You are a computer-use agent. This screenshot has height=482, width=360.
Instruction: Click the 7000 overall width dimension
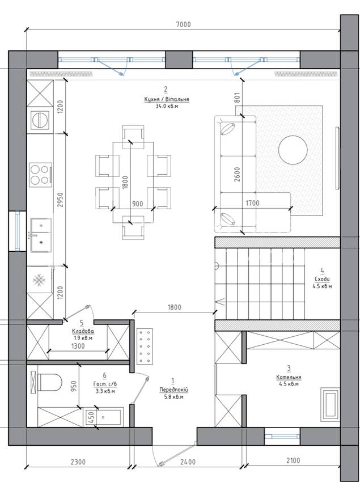coord(183,24)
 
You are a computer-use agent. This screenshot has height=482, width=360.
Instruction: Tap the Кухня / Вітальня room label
coord(166,99)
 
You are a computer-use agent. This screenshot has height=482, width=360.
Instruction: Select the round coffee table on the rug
coord(293,150)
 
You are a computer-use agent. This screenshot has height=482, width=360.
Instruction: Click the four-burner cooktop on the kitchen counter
coord(40,175)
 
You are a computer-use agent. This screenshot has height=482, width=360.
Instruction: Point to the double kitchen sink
coord(41,235)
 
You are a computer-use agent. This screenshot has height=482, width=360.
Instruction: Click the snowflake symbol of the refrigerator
coord(39,280)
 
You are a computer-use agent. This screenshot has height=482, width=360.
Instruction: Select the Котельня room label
coord(289,377)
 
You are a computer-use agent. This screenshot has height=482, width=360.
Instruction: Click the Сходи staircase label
coord(322,280)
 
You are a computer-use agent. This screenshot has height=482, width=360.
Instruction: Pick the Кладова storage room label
coord(83,331)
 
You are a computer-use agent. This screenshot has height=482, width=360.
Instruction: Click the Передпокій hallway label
coord(173,390)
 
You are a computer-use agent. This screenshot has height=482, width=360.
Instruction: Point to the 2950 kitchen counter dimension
coord(60,199)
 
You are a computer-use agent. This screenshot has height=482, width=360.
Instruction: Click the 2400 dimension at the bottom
coord(188,462)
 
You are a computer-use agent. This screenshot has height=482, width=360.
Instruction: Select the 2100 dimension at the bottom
coord(293,460)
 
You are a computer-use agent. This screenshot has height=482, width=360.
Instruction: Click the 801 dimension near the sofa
coord(237,98)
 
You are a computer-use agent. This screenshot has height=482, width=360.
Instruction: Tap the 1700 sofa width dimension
coord(252,203)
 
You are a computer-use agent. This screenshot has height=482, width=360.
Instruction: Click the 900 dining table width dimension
coord(137,204)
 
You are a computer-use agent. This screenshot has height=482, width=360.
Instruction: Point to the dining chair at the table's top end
coord(133,133)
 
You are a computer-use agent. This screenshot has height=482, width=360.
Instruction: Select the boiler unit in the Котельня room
coord(330,404)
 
